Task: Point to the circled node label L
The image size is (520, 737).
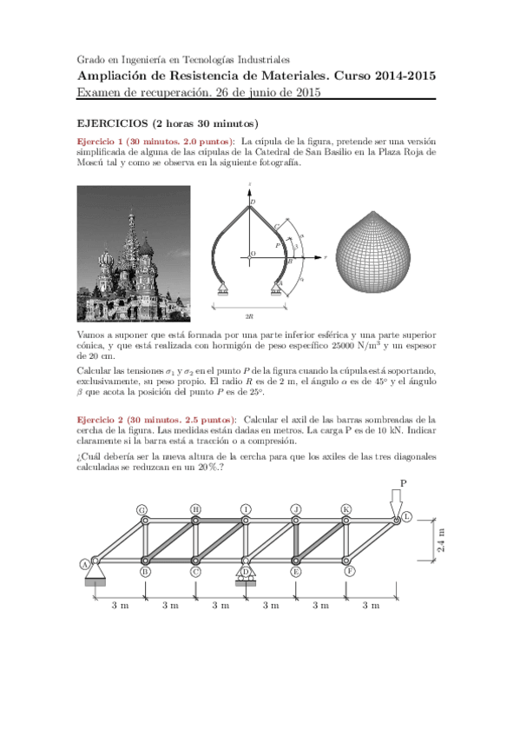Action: click(x=406, y=518)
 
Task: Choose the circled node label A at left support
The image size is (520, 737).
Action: click(x=85, y=563)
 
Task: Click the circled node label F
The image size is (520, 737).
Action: click(x=349, y=572)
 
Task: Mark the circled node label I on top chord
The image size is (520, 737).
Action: click(x=246, y=509)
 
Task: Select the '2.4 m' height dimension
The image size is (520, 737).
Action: click(x=440, y=541)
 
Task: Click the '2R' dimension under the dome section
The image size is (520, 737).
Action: click(x=249, y=317)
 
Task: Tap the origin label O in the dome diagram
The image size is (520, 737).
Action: click(x=253, y=254)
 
